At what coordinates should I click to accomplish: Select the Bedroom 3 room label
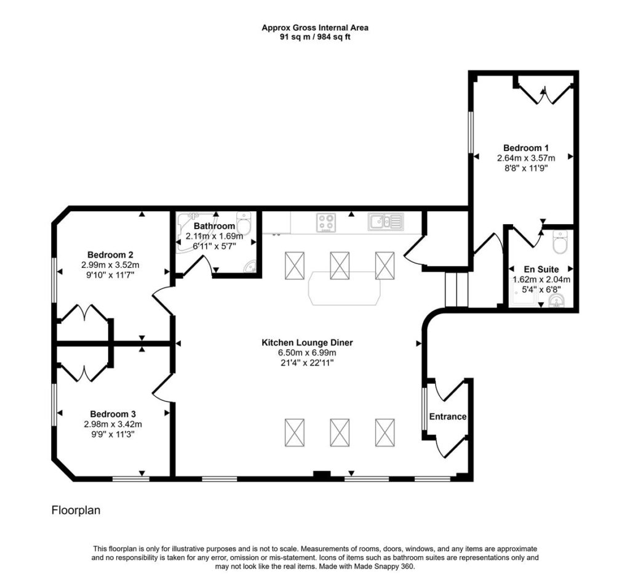click(x=113, y=414)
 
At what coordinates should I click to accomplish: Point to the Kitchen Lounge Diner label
click(x=308, y=342)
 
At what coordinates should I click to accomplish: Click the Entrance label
click(x=448, y=416)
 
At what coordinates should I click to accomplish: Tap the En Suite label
click(x=541, y=269)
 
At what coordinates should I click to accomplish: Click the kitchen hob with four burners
click(x=326, y=222)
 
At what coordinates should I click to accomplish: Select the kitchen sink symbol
click(x=385, y=222)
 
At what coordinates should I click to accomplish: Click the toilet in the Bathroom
click(x=244, y=222)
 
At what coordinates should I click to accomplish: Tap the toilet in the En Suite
click(x=559, y=241)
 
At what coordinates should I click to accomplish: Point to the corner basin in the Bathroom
click(x=250, y=266)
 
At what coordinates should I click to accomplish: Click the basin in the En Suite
click(x=557, y=300)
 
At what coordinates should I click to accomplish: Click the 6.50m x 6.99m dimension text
click(x=308, y=353)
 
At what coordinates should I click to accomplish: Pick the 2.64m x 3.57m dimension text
click(x=526, y=158)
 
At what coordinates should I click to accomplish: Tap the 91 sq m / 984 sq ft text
click(x=315, y=38)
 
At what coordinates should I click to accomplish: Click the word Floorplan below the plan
click(x=76, y=511)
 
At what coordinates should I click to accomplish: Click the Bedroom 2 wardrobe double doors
click(x=84, y=313)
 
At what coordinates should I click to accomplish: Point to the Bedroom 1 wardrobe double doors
click(x=544, y=94)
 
